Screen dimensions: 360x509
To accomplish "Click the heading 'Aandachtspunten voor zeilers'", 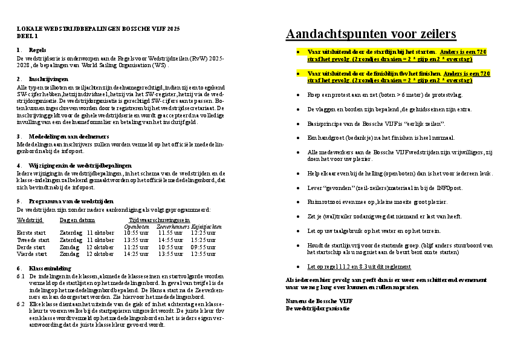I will point(371,34).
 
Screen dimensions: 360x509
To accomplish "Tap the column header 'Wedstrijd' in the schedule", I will point(30,221).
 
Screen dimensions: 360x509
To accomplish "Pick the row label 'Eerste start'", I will point(31,232).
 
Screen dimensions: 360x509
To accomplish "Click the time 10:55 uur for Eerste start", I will point(136,232).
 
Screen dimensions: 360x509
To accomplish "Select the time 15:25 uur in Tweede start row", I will point(203,240).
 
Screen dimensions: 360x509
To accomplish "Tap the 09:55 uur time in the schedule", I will point(203,247).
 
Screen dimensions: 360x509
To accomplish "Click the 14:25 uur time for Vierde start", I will point(136,254).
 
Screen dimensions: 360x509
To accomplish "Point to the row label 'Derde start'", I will point(30,247).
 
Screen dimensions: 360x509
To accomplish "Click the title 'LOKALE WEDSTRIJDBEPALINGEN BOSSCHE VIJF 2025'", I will point(97,29).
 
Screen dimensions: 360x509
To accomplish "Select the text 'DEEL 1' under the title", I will point(27,36).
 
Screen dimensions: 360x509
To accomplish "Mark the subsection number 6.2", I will point(21,305).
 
